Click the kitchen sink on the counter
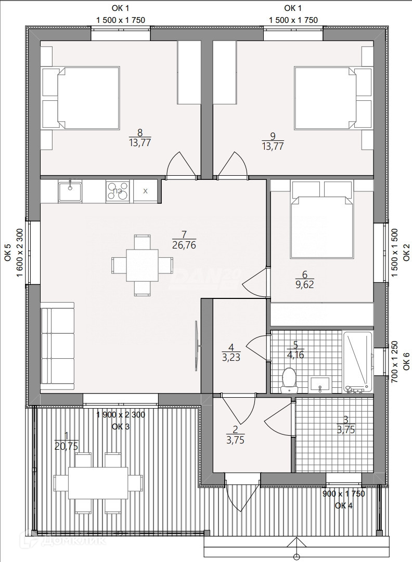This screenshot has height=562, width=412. [70, 191]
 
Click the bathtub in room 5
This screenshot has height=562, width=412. [357, 362]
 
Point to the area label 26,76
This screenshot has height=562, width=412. [184, 245]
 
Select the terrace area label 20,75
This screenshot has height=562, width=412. [67, 446]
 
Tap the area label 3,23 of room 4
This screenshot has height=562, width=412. [231, 357]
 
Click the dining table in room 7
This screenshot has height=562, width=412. [142, 265]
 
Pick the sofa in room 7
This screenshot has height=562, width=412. [57, 347]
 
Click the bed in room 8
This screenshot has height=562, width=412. [81, 98]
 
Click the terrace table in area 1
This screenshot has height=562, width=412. [98, 482]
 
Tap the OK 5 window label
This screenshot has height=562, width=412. [8, 253]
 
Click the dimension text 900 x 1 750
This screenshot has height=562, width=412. [343, 493]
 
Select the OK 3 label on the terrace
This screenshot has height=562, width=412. [121, 426]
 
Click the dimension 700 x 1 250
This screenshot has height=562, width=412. [394, 362]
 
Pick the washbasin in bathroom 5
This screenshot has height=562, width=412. [320, 384]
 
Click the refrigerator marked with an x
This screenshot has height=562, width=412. [145, 191]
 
